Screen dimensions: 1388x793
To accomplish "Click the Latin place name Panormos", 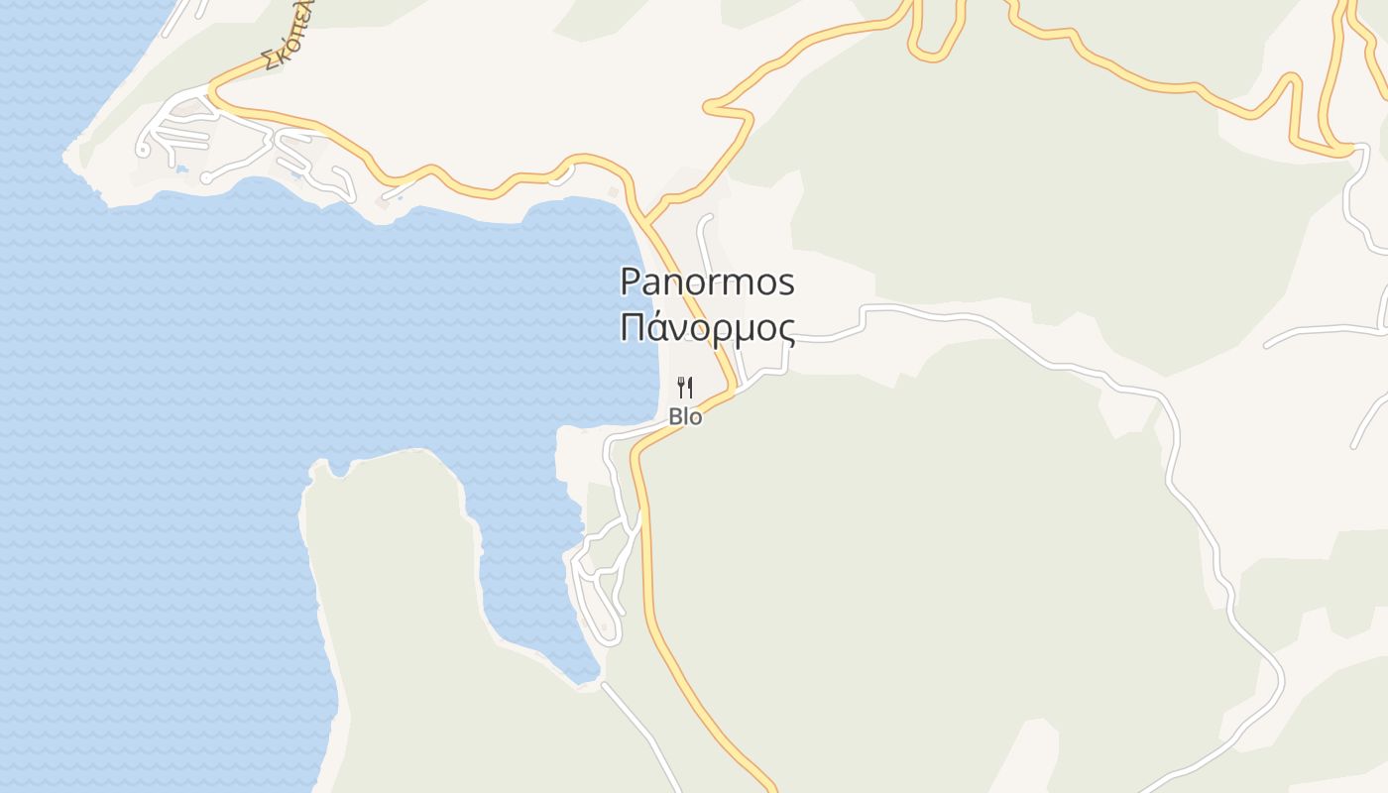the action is (x=707, y=283).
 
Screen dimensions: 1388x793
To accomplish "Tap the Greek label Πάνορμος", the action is (x=707, y=327).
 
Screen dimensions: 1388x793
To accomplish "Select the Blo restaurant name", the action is (x=685, y=417).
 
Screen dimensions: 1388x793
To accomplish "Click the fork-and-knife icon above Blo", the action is (x=685, y=387).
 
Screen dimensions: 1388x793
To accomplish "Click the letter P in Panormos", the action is (x=631, y=283).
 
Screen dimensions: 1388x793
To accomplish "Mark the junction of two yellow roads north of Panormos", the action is (x=644, y=220).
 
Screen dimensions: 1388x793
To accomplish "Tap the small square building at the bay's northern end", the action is (x=614, y=191).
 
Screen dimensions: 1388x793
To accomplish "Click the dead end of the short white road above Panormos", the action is (x=708, y=217).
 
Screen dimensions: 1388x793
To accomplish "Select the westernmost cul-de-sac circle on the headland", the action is (x=143, y=151).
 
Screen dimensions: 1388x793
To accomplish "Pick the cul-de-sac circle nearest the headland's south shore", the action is (x=206, y=178).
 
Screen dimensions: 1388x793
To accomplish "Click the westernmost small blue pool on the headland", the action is (x=181, y=170).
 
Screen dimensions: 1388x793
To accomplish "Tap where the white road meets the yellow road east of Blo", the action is (x=736, y=389).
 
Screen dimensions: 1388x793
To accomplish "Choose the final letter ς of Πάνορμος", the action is (x=784, y=330).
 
